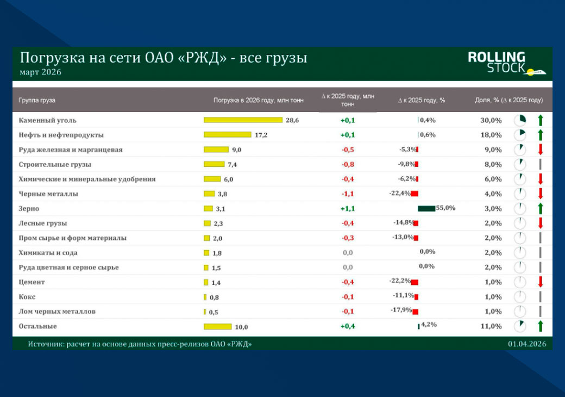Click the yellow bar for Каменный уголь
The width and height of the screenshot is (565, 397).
click(243, 120)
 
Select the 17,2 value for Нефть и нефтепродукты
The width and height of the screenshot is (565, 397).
click(261, 135)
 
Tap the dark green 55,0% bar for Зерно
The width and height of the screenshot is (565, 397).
click(426, 208)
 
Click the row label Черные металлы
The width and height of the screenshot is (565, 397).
click(48, 194)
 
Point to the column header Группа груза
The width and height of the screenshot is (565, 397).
click(37, 100)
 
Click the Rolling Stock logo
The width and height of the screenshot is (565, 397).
click(506, 63)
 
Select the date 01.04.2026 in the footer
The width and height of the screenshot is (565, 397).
click(527, 344)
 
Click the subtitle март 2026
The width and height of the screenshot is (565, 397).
click(40, 72)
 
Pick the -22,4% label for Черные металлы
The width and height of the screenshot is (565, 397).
click(400, 193)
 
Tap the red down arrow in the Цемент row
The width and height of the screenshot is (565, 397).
click(541, 282)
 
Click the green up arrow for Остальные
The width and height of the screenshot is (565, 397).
click(541, 326)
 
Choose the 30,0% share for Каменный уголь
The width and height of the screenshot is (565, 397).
click(491, 120)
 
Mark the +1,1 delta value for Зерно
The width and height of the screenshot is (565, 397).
click(348, 208)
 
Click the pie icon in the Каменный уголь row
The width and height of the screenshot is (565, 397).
click(520, 120)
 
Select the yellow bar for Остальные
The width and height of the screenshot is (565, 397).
click(218, 326)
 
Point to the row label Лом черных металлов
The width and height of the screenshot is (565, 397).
click(57, 312)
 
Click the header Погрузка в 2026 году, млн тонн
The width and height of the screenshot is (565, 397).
click(259, 100)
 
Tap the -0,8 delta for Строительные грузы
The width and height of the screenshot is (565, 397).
click(348, 164)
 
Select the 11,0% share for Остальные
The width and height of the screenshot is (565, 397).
click(491, 326)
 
